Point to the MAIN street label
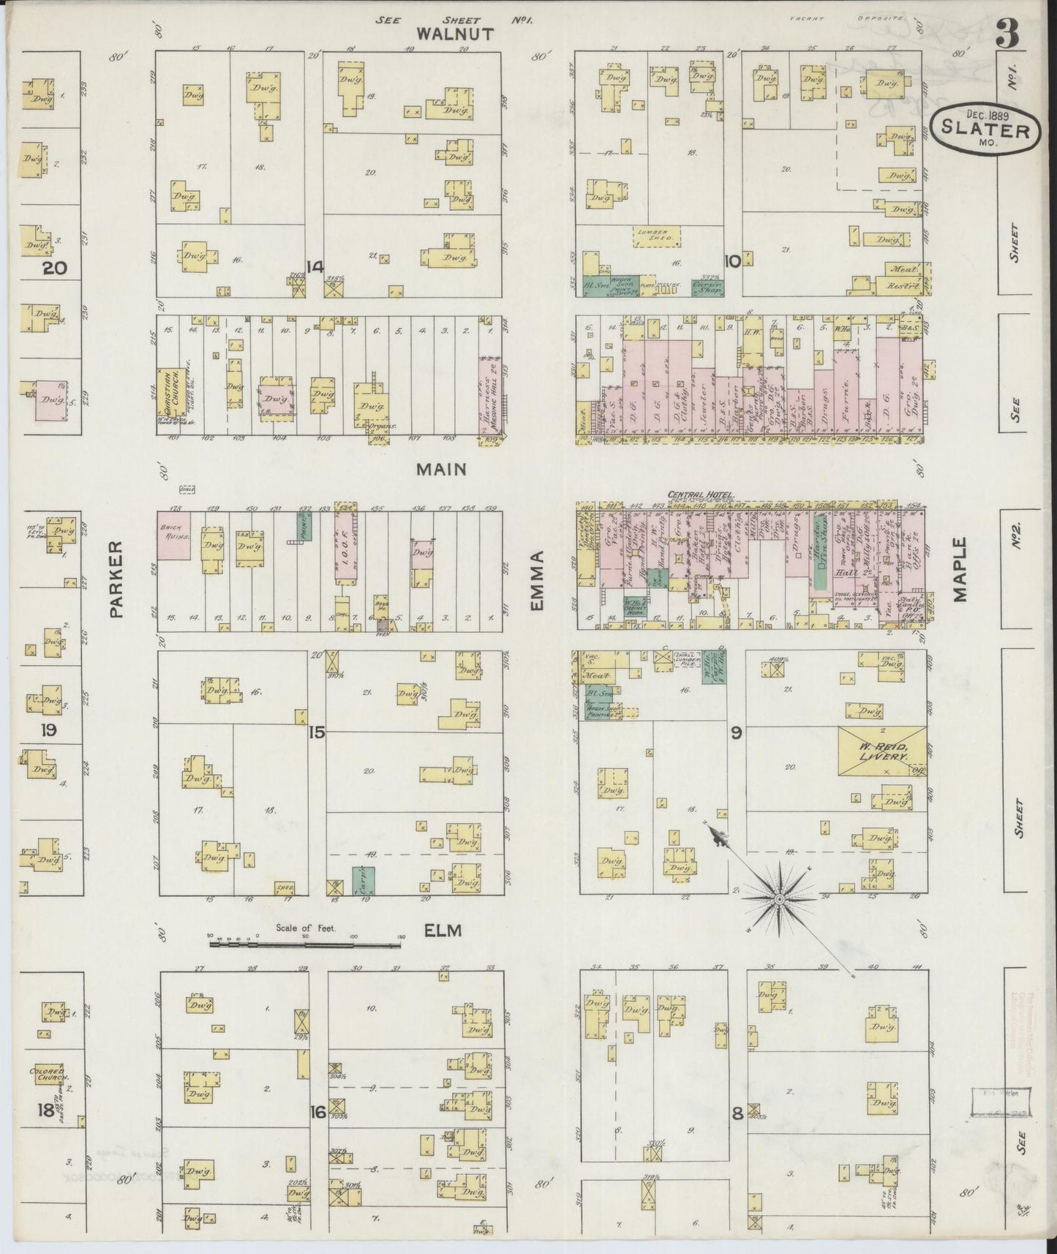(441, 469)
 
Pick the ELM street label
(443, 930)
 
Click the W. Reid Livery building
(881, 752)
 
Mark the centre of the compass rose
(780, 897)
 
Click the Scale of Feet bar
(304, 945)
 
